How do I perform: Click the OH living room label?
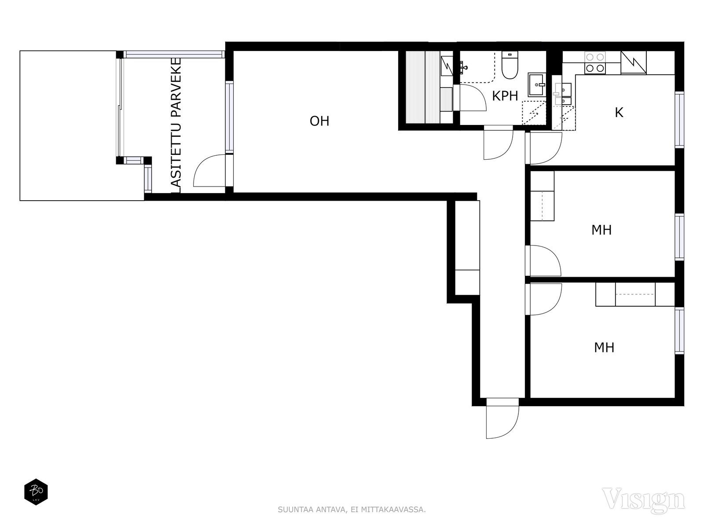[x=319, y=121]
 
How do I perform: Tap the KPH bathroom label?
[x=505, y=96]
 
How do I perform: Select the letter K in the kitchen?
[x=619, y=113]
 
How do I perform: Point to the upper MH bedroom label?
[x=601, y=230]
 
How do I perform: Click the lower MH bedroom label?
[x=604, y=348]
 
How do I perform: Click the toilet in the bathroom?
[x=510, y=65]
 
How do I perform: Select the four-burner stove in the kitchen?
[x=595, y=62]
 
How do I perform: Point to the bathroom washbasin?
[x=536, y=84]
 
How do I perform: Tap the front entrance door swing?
[x=502, y=418]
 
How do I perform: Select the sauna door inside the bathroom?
[x=473, y=97]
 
